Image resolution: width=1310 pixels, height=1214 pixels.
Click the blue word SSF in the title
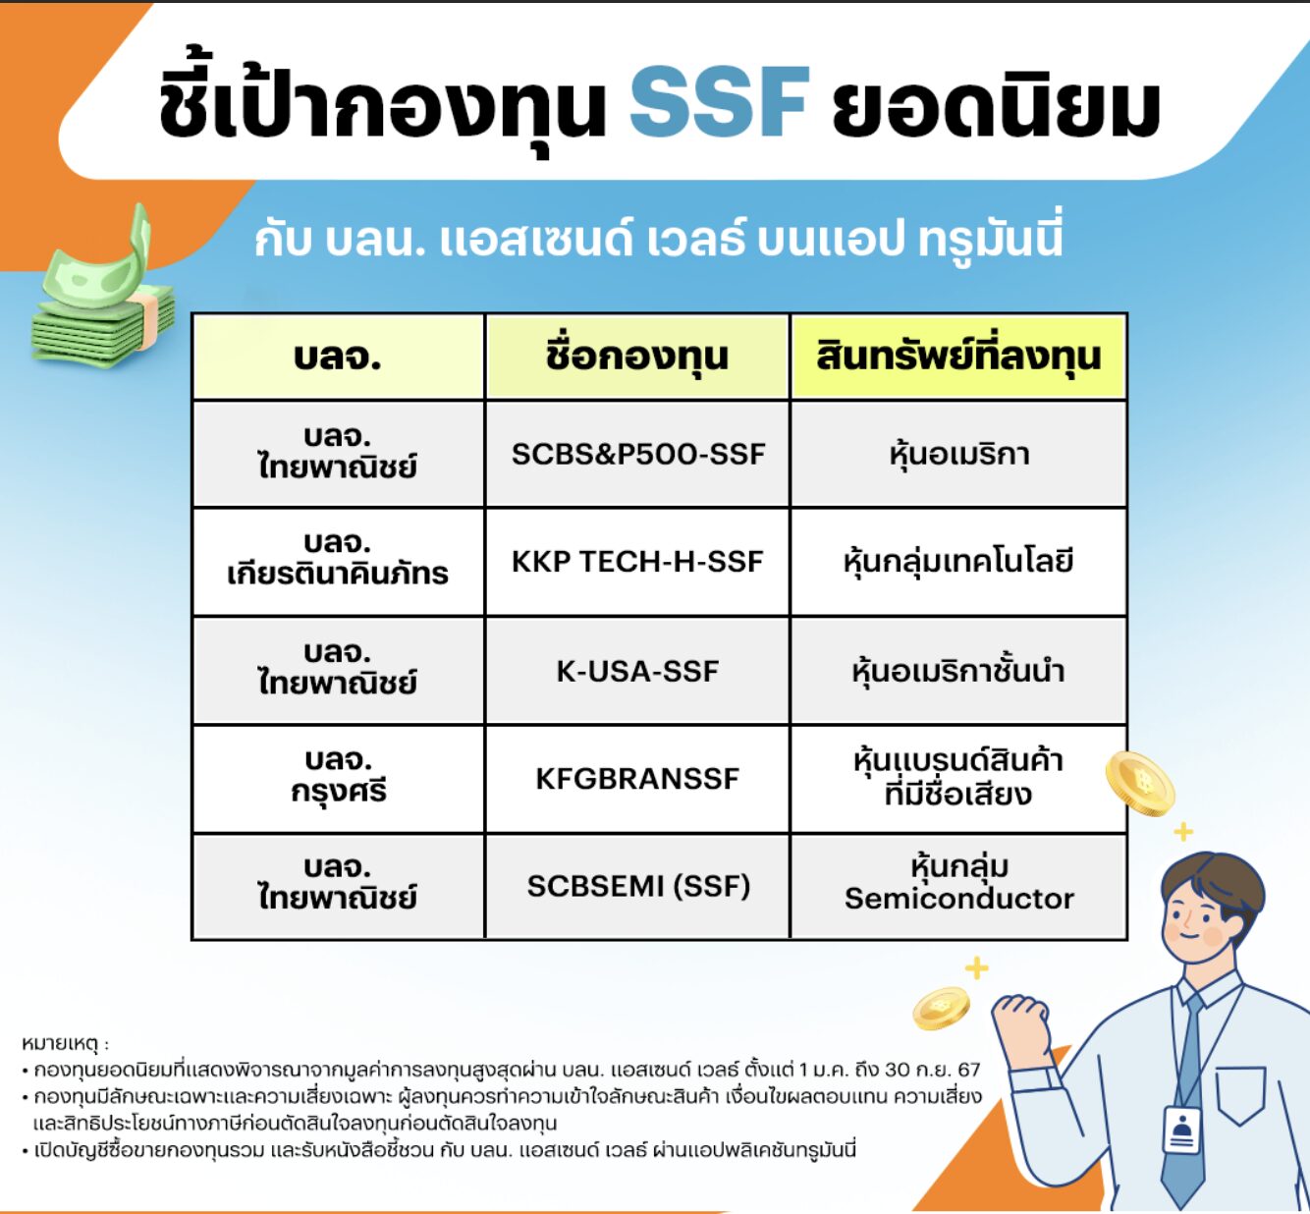tap(719, 103)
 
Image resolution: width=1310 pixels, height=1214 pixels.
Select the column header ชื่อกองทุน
tap(637, 356)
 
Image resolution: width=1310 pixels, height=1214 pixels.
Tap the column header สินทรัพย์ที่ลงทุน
tap(957, 356)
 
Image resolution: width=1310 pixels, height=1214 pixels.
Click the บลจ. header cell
tap(338, 356)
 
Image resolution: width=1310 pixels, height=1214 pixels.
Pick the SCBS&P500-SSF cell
tap(637, 454)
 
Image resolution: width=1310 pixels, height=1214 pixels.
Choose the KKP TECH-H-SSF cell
tap(637, 562)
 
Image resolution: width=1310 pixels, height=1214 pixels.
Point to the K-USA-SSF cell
tap(637, 671)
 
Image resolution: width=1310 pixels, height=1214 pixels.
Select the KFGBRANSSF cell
tap(637, 779)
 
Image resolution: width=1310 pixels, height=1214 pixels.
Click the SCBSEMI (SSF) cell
tap(637, 886)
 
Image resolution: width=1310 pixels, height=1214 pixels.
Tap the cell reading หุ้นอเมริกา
tap(957, 454)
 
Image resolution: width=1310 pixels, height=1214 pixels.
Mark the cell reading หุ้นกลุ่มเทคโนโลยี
tap(957, 562)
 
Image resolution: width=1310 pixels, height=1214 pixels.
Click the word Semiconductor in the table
tap(958, 899)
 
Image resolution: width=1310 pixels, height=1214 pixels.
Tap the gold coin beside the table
tap(1139, 783)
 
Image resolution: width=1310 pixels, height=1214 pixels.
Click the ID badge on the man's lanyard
tap(1182, 1131)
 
